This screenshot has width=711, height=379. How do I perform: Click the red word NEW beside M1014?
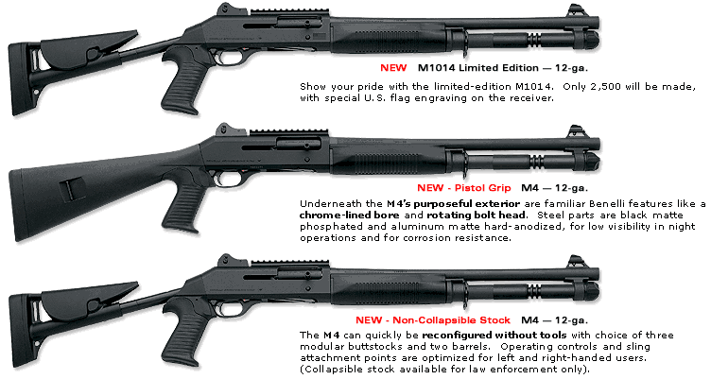(393, 68)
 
